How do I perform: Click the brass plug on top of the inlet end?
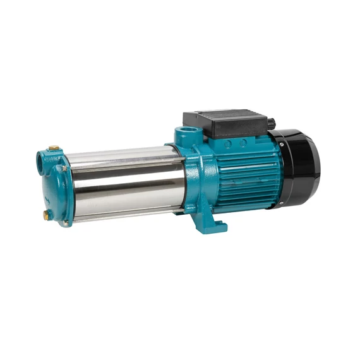click(54, 148)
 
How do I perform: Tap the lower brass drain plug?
click(47, 215)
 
